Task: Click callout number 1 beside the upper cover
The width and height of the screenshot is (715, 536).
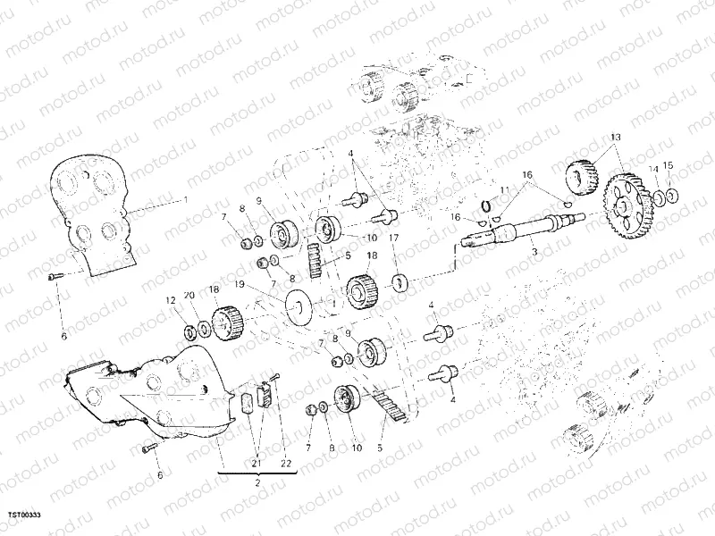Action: pyautogui.click(x=186, y=198)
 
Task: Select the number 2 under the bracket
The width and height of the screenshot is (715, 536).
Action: pyautogui.click(x=257, y=483)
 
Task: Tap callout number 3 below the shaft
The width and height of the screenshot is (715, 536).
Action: pyautogui.click(x=535, y=255)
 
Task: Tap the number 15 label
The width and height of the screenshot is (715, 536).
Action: pyautogui.click(x=669, y=167)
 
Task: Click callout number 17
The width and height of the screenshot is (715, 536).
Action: pyautogui.click(x=391, y=239)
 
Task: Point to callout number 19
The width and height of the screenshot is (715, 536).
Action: pyautogui.click(x=240, y=285)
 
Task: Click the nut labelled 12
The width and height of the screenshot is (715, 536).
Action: pyautogui.click(x=190, y=331)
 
